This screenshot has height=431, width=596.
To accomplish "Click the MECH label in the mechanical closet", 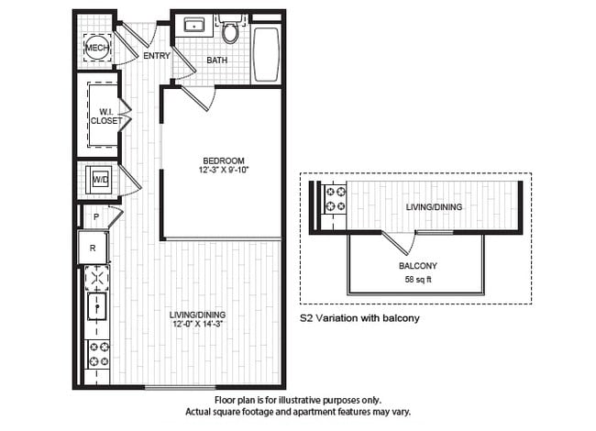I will (96, 48).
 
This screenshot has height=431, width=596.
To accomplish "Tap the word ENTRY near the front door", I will (157, 56).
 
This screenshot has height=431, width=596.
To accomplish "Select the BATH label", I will (217, 61).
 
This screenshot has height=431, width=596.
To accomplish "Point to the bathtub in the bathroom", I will (266, 54).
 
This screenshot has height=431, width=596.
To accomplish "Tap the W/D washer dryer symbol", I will (98, 181).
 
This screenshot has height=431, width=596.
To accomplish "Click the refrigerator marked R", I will (94, 247).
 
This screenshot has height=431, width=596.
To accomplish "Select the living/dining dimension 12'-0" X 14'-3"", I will (197, 325).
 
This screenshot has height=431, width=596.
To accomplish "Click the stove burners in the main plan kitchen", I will (97, 351).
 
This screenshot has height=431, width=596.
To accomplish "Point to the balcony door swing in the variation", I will (398, 243).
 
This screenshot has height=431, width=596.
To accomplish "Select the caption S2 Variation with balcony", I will (360, 319).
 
